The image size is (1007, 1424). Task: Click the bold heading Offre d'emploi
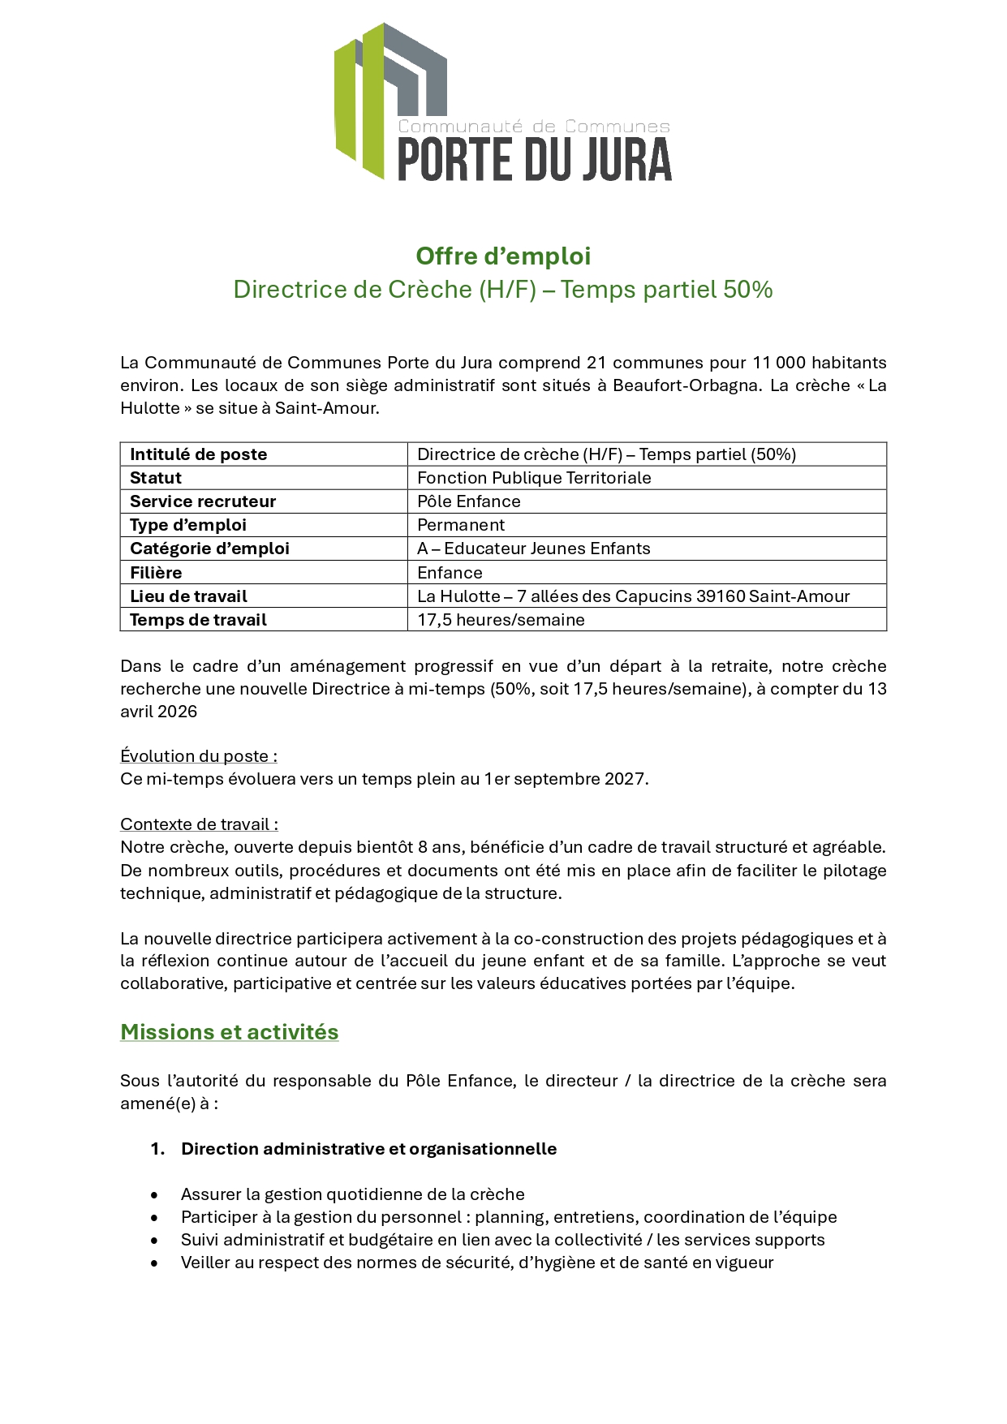click(x=503, y=256)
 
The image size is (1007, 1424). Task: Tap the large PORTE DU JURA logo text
click(x=534, y=159)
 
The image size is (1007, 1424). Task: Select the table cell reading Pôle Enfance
click(x=469, y=501)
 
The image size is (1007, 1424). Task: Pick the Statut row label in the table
click(x=156, y=478)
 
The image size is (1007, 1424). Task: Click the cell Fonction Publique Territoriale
click(x=534, y=478)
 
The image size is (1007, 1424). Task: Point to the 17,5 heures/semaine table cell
click(x=501, y=620)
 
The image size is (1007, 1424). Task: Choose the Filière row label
click(x=156, y=573)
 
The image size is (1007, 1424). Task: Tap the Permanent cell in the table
click(x=461, y=525)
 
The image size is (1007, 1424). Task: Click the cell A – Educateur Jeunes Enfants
click(x=534, y=549)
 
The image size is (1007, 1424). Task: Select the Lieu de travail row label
click(x=188, y=596)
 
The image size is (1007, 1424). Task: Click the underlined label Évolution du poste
click(x=198, y=756)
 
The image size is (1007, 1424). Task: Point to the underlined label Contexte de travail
click(x=199, y=824)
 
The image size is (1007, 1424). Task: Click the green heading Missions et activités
click(x=230, y=1032)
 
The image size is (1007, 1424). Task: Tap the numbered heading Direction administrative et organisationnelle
click(x=368, y=1149)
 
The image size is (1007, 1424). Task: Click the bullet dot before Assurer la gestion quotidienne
click(x=154, y=1195)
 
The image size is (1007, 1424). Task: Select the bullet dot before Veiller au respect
click(x=154, y=1263)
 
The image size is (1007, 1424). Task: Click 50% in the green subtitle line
click(x=747, y=290)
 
